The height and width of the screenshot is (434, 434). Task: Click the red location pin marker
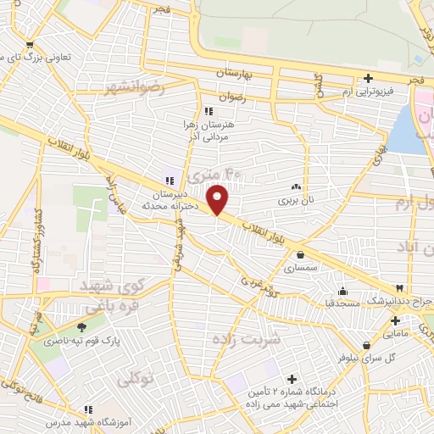[x=218, y=199]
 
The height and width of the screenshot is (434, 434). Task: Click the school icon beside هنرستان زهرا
[x=209, y=110]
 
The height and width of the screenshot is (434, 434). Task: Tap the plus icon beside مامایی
[x=395, y=320]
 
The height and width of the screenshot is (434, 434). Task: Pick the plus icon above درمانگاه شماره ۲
[x=292, y=379]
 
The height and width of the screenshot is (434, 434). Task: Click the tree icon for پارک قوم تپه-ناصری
[x=82, y=327]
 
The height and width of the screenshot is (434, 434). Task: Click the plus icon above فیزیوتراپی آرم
[x=367, y=78]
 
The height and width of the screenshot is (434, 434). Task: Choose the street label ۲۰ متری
[x=202, y=178]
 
